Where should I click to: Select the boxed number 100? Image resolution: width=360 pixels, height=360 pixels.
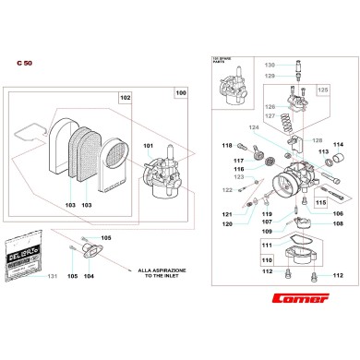tap(180, 94)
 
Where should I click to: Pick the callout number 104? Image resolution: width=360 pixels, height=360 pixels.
tap(89, 276)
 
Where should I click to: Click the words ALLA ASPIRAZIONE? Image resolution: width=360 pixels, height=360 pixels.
tap(159, 270)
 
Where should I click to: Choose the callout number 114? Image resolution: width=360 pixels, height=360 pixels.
tap(338, 144)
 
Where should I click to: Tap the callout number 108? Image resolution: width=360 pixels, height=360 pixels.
tap(337, 223)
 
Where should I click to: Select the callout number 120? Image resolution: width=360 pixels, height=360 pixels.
tap(227, 223)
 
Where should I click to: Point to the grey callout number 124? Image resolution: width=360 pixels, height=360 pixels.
tap(254, 127)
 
